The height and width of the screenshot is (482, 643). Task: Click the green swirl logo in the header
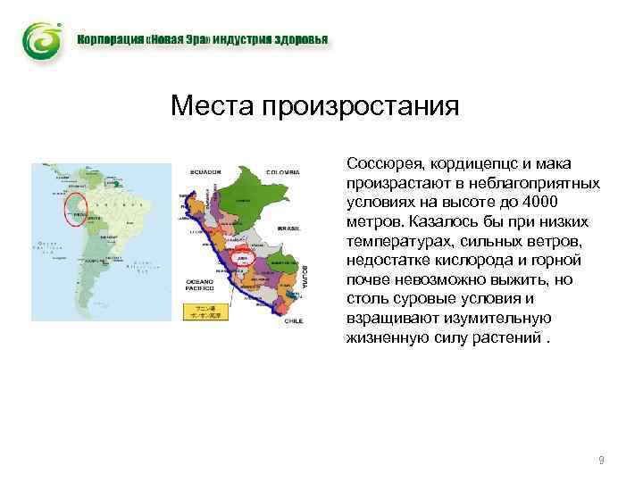42,41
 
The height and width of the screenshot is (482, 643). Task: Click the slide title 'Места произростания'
314,107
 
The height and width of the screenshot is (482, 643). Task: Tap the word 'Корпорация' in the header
109,41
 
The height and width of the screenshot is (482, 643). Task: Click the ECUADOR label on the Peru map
205,171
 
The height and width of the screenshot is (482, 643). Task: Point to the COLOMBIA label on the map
282,171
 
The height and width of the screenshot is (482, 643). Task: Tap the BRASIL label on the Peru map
288,229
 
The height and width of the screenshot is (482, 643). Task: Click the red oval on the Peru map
241,257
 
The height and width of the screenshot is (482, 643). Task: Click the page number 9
601,461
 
